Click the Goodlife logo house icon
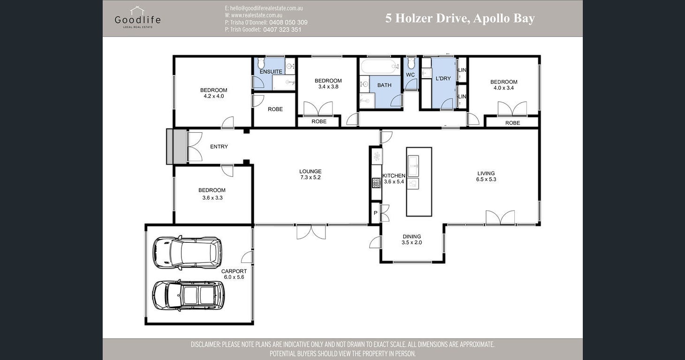pos(137,10)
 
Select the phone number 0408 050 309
pos(288,22)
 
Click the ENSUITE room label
pos(271,72)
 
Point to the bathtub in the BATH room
pos(379,66)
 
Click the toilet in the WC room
pos(411,63)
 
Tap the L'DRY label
pos(443,78)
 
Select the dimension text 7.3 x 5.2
pos(310,178)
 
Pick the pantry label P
pos(375,213)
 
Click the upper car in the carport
pos(187,253)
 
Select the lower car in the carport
pos(188,295)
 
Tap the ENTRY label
pos(219,147)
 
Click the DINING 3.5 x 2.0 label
pos(412,240)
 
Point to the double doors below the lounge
pos(311,232)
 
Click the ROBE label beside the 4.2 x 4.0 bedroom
pos(275,109)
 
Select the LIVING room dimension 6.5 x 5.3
pos(486,180)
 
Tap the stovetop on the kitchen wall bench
pos(376,183)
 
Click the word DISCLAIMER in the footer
pos(204,345)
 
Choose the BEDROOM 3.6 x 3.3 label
pos(212,194)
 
